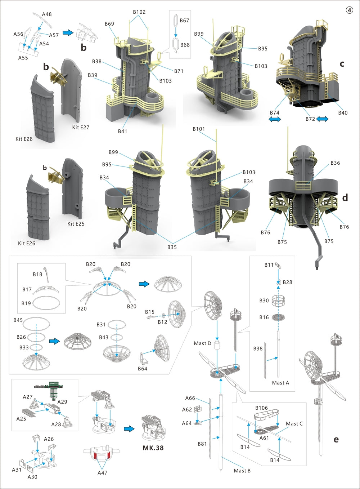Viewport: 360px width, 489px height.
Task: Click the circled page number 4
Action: click(350, 10)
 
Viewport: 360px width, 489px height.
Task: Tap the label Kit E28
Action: click(24, 139)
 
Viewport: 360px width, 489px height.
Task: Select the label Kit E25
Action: click(76, 224)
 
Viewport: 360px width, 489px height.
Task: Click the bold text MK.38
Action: click(153, 448)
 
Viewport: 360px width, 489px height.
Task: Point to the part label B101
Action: click(198, 129)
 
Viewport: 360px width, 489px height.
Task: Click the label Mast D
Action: click(202, 343)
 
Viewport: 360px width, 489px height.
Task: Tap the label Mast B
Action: click(242, 471)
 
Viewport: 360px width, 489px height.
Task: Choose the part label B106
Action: click(261, 408)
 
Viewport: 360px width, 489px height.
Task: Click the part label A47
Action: click(102, 472)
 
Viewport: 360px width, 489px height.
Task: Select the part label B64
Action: click(143, 369)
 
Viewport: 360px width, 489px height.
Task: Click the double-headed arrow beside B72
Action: click(322, 119)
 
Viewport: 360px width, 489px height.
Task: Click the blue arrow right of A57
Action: click(68, 33)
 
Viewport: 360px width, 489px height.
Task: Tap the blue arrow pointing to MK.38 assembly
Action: click(129, 429)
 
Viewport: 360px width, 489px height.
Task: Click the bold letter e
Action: click(336, 439)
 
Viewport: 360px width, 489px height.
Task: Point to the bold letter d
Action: click(345, 197)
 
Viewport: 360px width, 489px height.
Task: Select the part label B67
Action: click(184, 21)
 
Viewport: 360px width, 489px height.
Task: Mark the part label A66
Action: click(190, 398)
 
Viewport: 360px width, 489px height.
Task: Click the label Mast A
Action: click(280, 383)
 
